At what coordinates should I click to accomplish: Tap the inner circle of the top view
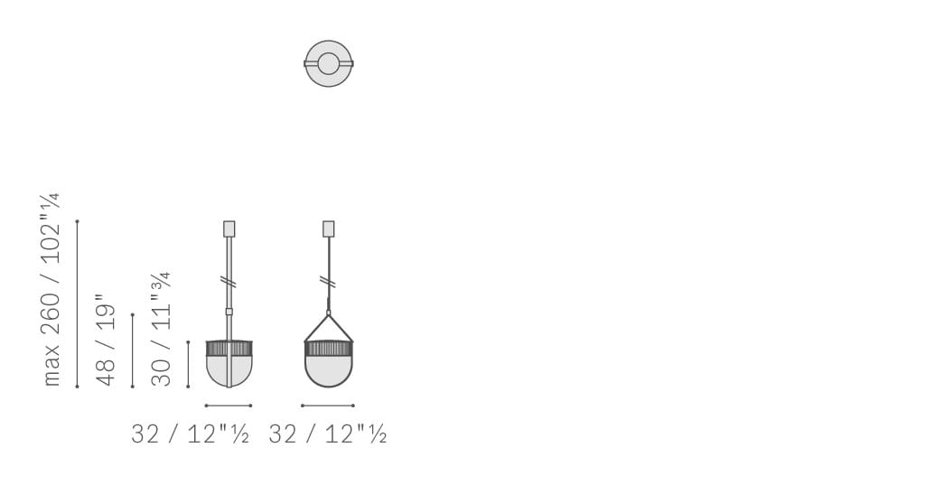[329, 53]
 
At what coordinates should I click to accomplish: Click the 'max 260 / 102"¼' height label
[51, 290]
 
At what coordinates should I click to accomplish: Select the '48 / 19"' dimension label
[106, 340]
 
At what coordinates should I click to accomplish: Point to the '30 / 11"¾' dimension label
[161, 329]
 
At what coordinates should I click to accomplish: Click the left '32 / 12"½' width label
[190, 434]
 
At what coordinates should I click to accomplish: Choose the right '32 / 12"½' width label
[327, 434]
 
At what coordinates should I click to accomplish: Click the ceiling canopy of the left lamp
[229, 229]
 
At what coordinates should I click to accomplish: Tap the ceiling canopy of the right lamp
[329, 229]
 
